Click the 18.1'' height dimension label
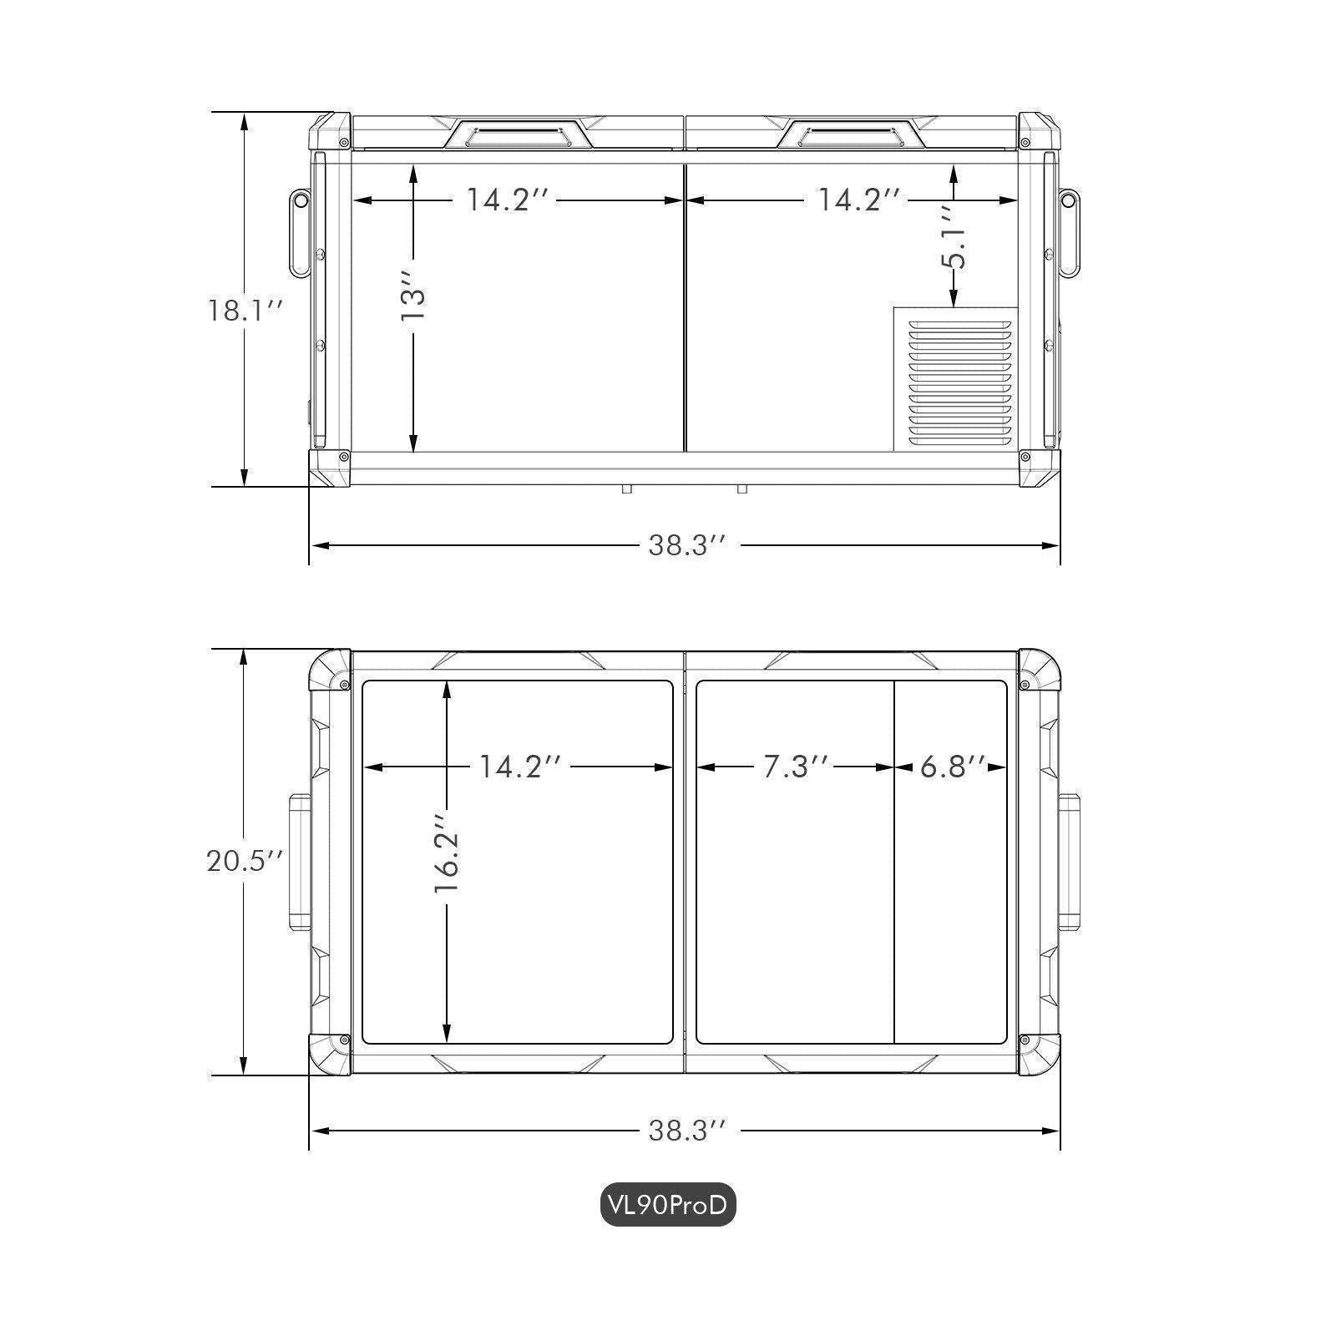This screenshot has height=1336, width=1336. pos(246,311)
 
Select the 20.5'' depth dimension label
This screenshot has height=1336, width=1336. pos(246,860)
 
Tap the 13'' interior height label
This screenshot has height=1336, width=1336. pos(413,296)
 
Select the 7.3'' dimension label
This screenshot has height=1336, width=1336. pos(797,767)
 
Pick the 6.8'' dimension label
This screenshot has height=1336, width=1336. pos(952,767)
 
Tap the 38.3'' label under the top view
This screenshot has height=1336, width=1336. pos(688,1131)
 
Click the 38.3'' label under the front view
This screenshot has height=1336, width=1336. pos(688,545)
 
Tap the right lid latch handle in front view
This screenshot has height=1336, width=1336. pos(852,134)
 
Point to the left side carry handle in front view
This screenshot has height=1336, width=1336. pos(299,233)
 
